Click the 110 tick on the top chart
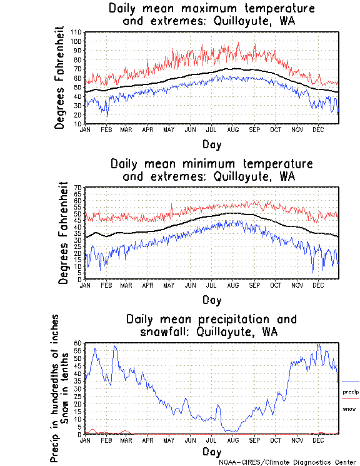(77, 32)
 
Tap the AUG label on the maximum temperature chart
(232, 129)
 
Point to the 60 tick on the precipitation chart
(78, 343)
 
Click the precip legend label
(351, 392)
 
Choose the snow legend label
(349, 408)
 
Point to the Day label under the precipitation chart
(211, 452)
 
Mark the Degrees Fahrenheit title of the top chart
(59, 78)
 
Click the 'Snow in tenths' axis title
(66, 388)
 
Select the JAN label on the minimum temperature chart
(86, 285)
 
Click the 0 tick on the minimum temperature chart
(80, 280)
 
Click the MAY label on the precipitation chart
(168, 440)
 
